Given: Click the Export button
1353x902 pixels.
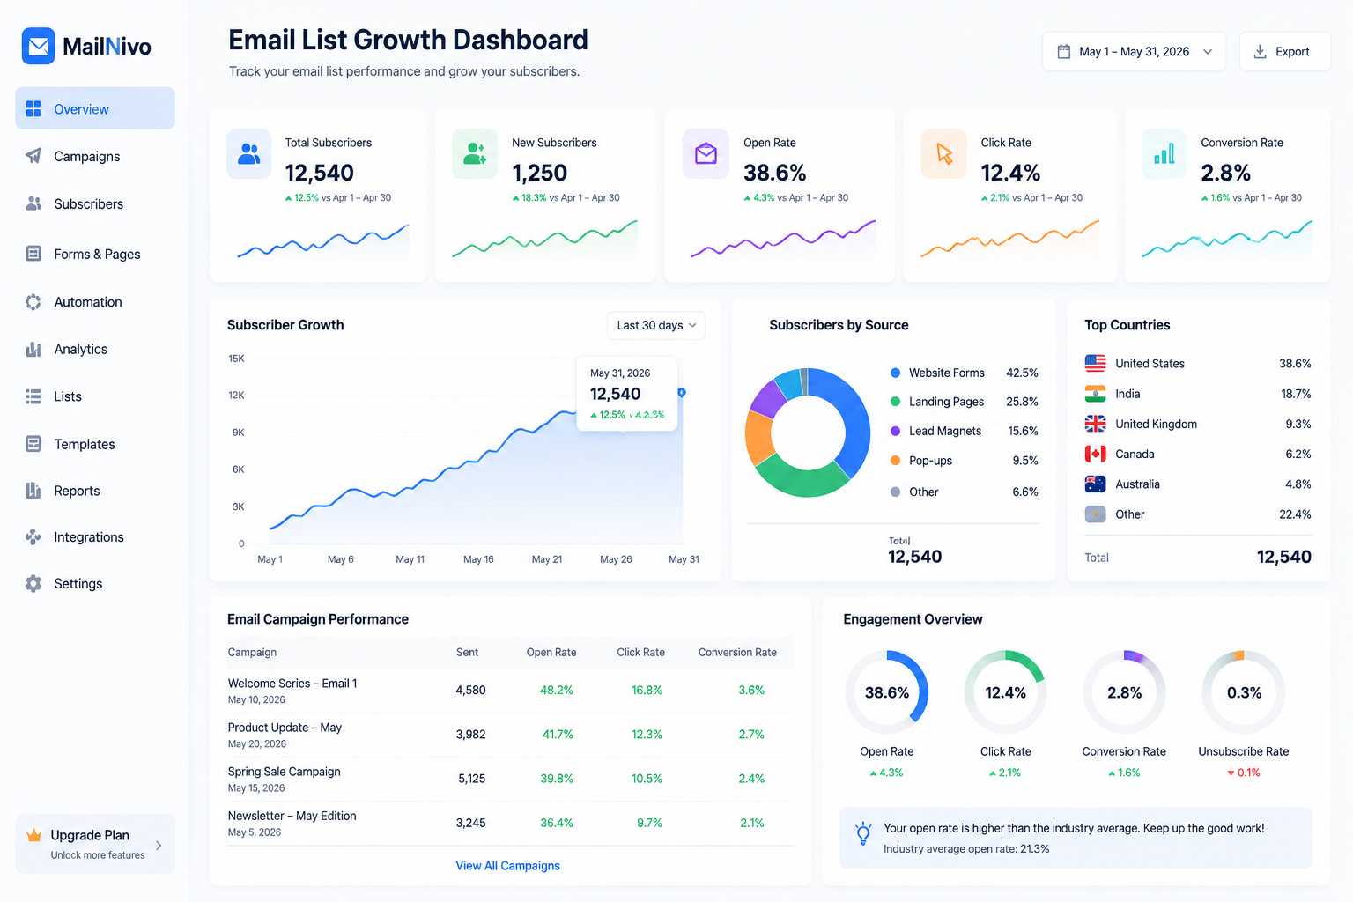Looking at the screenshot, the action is [1285, 52].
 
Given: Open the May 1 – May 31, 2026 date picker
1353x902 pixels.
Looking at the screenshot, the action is [1134, 52].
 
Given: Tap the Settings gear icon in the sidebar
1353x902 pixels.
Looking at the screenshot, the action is [33, 584].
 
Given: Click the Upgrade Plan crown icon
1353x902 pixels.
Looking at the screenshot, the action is [33, 836].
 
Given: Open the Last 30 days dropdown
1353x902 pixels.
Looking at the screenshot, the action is [656, 325].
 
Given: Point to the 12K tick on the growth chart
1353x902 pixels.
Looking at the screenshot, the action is [236, 396].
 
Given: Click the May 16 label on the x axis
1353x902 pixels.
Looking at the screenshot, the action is [478, 559].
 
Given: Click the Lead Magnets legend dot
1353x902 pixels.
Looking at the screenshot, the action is [895, 431].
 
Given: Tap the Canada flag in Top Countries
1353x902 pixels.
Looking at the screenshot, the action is [1095, 454].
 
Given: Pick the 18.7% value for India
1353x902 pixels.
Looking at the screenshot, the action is [1296, 394].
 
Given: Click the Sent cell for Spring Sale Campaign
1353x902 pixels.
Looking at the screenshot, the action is [472, 779].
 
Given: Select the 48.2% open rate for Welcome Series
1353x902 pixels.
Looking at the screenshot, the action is [557, 690].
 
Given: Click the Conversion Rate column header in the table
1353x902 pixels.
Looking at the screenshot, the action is [737, 653].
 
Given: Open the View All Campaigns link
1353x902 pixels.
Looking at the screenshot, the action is [508, 866].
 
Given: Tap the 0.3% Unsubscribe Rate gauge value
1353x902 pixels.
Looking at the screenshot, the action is [1245, 692].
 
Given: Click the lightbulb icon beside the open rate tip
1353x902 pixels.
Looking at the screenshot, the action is [864, 833].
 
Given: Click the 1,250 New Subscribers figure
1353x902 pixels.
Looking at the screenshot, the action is [539, 173].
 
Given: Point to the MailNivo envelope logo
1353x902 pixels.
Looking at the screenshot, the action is [38, 46].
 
